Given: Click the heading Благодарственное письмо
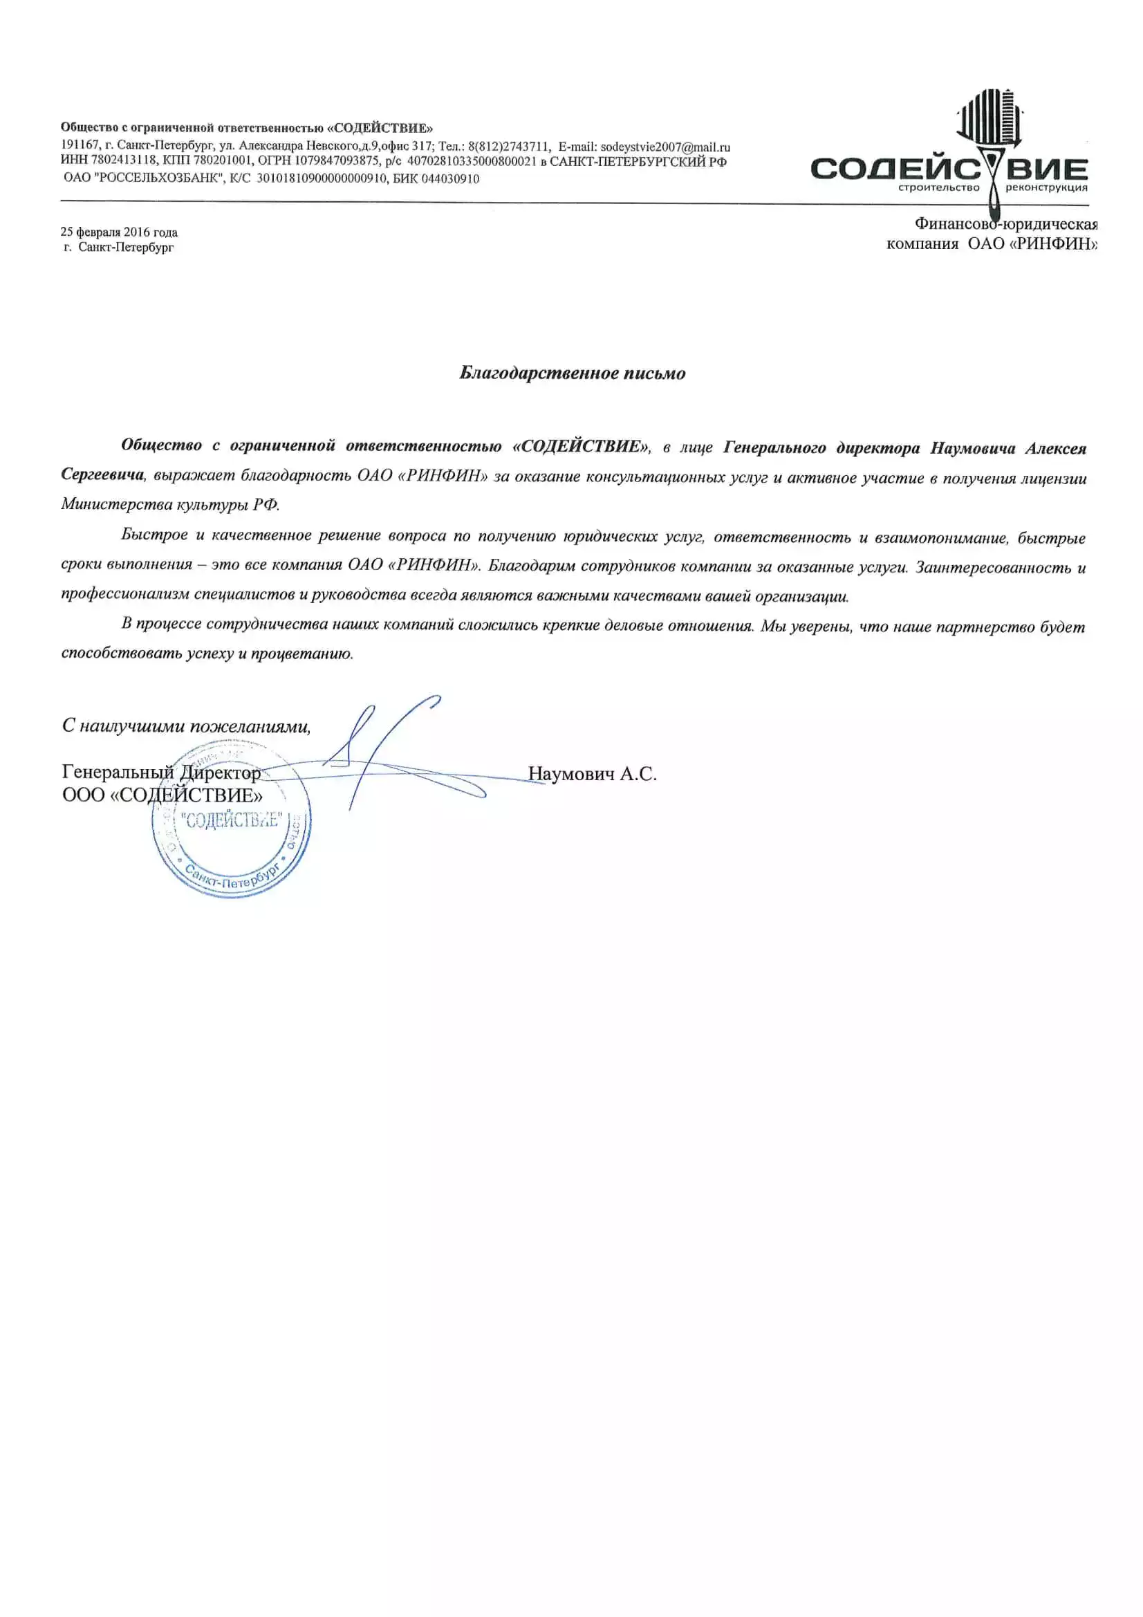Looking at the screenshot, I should point(572,373).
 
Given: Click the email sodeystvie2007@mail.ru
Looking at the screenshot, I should point(665,147).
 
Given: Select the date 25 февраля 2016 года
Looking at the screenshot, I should point(119,232).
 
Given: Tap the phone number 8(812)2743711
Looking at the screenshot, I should point(508,147).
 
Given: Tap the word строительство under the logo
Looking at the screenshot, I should point(939,188).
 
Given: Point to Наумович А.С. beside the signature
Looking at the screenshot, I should point(593,775).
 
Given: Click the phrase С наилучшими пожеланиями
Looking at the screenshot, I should point(186,726).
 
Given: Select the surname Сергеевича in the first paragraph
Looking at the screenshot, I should point(103,474).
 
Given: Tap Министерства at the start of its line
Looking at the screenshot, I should point(111,504).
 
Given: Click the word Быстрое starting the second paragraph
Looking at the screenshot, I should point(154,535).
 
